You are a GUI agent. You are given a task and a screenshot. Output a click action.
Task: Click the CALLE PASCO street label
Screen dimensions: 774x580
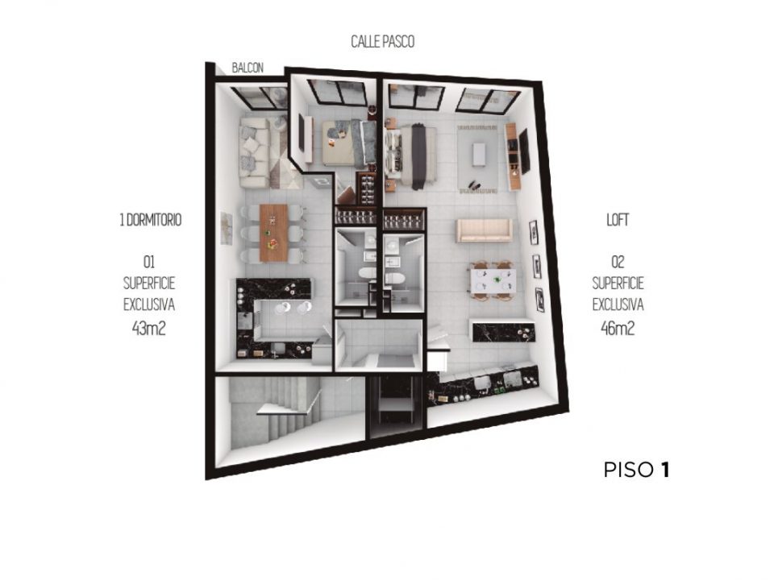(x=382, y=42)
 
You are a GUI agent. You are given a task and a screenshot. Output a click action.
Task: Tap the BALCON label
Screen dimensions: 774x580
(x=248, y=68)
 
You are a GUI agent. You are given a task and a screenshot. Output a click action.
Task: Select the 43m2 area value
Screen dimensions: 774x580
(x=149, y=328)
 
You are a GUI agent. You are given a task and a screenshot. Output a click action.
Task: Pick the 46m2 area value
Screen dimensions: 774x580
(x=618, y=328)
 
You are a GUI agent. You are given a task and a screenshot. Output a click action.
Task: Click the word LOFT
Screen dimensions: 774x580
(x=618, y=219)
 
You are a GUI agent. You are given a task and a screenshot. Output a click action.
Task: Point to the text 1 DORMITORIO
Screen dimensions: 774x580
(x=151, y=219)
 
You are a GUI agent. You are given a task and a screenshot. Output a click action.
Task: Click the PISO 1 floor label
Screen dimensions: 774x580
(x=637, y=470)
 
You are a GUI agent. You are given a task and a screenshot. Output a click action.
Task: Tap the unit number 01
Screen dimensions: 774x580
(x=149, y=261)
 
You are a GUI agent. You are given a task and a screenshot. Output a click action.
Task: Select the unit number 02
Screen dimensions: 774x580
(x=618, y=261)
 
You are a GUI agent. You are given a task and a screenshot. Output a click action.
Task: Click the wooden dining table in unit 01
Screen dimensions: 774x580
(x=273, y=232)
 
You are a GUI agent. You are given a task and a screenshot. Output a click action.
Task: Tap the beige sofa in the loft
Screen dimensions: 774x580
(x=485, y=231)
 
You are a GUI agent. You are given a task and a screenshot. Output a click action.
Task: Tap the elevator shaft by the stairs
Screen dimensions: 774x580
(x=394, y=408)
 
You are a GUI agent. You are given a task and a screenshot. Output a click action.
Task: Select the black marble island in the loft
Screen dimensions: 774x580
(x=503, y=331)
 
